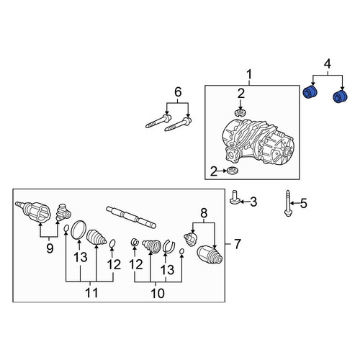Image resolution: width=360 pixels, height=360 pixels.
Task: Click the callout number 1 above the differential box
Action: [x=249, y=74]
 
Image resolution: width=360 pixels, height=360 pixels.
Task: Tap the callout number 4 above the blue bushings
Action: [x=328, y=64]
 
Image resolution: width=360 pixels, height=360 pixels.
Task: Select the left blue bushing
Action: [x=310, y=92]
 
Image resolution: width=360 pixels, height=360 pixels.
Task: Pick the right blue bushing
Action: [x=341, y=96]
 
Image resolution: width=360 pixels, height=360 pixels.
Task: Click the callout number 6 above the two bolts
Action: [x=178, y=92]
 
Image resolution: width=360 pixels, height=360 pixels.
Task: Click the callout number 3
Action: [x=253, y=202]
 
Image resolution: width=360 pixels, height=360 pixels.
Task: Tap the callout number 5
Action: [x=303, y=203]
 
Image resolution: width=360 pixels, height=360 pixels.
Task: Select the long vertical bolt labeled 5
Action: [x=288, y=203]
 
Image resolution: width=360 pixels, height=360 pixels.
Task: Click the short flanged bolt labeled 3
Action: [x=234, y=197]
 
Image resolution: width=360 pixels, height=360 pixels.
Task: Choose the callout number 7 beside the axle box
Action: [x=238, y=244]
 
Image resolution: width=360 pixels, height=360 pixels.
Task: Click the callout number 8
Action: [x=204, y=212]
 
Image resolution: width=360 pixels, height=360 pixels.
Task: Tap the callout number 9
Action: [x=50, y=248]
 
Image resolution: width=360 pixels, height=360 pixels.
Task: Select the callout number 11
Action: [x=91, y=293]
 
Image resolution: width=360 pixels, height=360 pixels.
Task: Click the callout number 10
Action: [x=158, y=293]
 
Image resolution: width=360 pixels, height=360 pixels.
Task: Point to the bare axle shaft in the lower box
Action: [x=131, y=217]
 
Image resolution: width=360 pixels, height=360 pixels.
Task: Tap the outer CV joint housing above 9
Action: [x=34, y=211]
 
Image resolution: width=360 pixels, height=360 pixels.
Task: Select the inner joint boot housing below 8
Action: [x=210, y=256]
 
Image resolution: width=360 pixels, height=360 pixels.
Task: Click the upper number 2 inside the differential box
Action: [x=241, y=94]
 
